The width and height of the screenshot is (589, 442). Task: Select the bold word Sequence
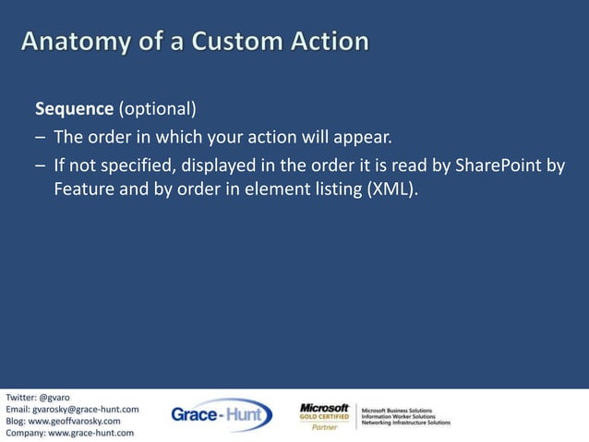point(74,109)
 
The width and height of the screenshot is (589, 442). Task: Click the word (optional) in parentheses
point(157,109)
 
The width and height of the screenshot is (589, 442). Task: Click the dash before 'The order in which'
point(40,139)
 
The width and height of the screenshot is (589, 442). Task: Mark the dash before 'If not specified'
point(40,166)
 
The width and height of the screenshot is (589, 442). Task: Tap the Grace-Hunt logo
point(222,416)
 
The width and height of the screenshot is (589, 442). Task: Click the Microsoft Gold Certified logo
point(324,412)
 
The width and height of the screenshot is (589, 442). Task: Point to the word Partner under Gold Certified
point(324,428)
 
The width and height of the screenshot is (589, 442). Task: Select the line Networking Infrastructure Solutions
point(405,423)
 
